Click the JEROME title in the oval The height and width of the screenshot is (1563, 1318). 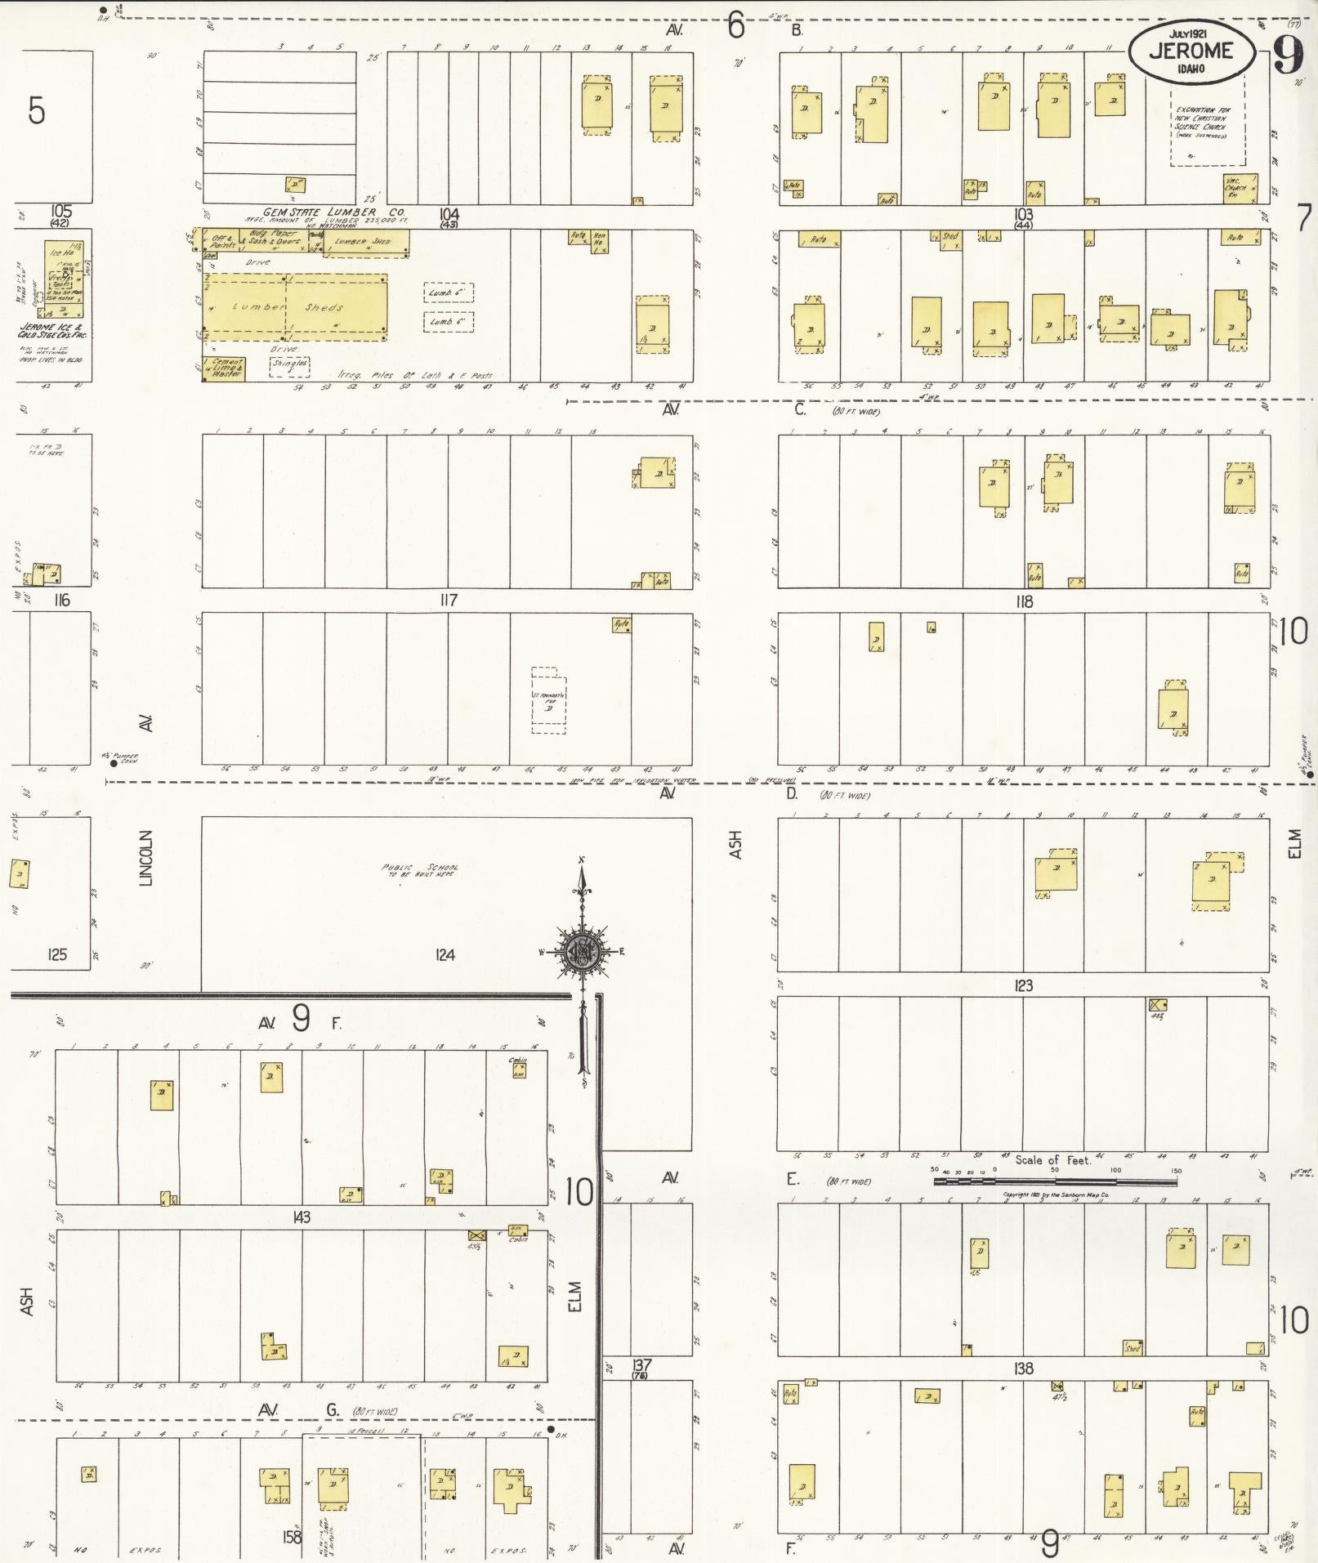click(1191, 51)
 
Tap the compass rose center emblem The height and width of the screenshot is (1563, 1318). click(582, 953)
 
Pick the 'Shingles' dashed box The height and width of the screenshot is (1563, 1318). click(290, 365)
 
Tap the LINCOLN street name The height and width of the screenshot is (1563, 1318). click(146, 858)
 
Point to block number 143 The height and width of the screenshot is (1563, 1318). click(301, 1217)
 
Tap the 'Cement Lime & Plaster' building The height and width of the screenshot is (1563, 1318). click(223, 368)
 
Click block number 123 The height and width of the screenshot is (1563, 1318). click(1023, 986)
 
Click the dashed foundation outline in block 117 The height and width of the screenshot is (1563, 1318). click(548, 700)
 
